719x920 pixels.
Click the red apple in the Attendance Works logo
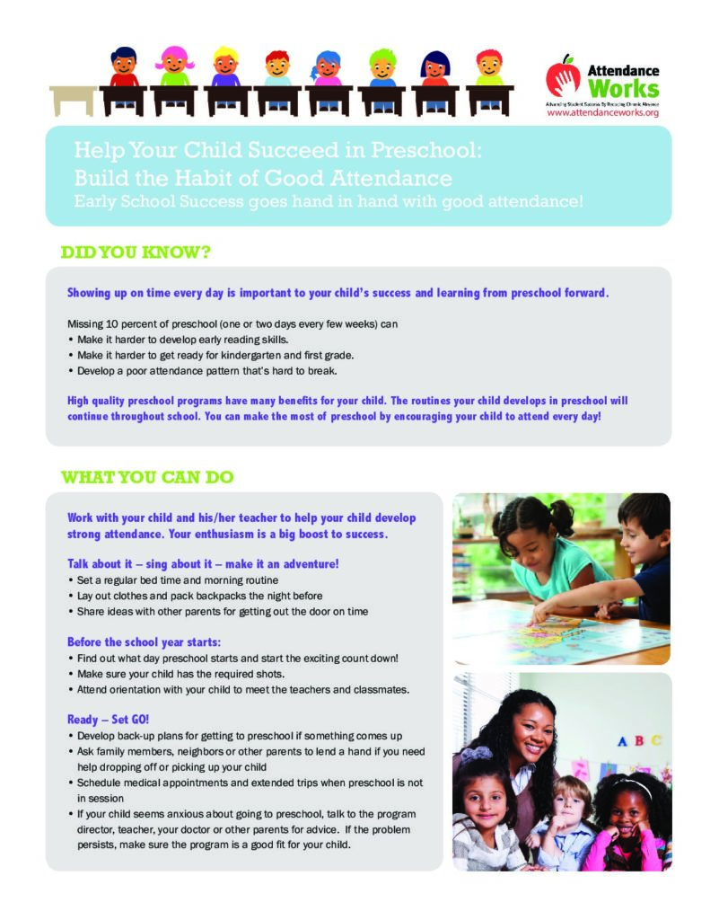(x=563, y=75)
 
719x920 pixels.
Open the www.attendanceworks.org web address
(x=602, y=113)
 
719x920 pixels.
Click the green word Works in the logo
(x=623, y=89)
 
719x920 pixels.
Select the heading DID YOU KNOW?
(x=136, y=252)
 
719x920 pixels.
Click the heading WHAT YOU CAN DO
(x=147, y=477)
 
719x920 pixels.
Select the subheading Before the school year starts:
(x=144, y=642)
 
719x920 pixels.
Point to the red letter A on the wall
(x=620, y=741)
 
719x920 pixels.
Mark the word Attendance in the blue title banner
(x=394, y=175)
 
